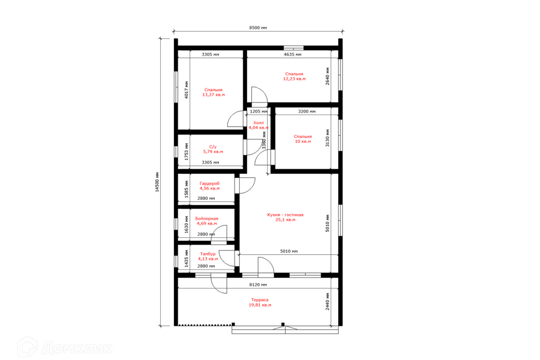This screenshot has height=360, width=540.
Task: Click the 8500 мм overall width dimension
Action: tap(258, 28)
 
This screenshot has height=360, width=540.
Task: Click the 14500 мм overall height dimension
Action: tap(157, 182)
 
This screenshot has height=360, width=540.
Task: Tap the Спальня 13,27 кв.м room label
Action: tap(214, 92)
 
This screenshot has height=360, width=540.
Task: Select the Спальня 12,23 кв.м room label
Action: tap(294, 76)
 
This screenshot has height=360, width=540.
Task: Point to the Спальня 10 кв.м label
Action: tap(303, 139)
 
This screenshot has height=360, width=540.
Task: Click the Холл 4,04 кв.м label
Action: tap(258, 125)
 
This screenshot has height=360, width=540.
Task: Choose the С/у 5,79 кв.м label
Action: tap(213, 149)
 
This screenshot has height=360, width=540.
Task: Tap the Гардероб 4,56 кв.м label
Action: tap(209, 186)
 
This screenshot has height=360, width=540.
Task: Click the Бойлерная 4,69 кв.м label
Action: tap(206, 221)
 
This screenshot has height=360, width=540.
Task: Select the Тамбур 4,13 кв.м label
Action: tap(208, 256)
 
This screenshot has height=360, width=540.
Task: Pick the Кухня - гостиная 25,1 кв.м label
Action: tap(285, 217)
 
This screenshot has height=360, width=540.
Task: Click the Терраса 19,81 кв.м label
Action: tap(260, 303)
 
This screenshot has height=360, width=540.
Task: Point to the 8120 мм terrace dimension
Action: tap(258, 285)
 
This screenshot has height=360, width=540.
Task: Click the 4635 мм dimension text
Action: tap(292, 55)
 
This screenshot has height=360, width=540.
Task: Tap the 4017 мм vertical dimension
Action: tap(187, 90)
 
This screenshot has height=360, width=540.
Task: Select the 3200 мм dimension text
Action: tap(307, 111)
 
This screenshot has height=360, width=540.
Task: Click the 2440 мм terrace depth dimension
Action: tap(327, 301)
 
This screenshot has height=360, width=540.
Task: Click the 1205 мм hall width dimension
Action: tap(258, 111)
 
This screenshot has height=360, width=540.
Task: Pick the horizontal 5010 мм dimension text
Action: tap(289, 251)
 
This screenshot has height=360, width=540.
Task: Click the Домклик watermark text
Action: tap(76, 348)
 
